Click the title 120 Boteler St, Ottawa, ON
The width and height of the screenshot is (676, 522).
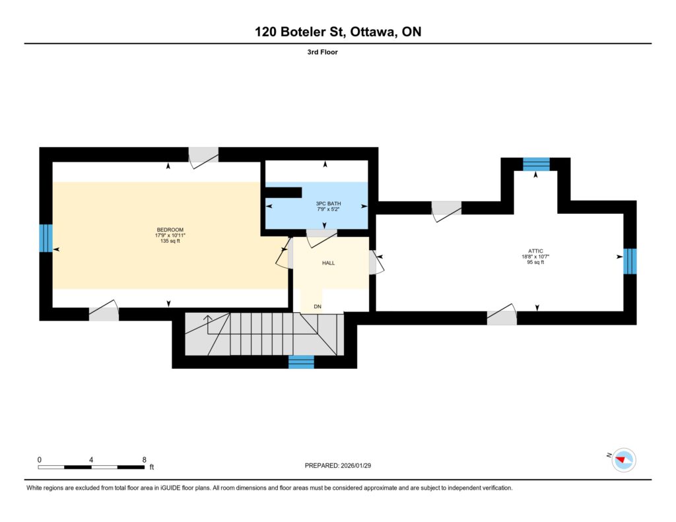pyautogui.click(x=338, y=32)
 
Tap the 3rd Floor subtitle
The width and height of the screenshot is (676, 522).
pyautogui.click(x=322, y=52)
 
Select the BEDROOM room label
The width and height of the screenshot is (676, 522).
pyautogui.click(x=170, y=230)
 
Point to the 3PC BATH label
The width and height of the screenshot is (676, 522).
pyautogui.click(x=329, y=203)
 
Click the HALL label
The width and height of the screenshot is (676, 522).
pyautogui.click(x=329, y=263)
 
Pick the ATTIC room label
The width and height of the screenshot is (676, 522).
pyautogui.click(x=535, y=251)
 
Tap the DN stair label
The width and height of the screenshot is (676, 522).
pyautogui.click(x=318, y=307)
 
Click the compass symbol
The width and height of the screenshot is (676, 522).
pyautogui.click(x=624, y=460)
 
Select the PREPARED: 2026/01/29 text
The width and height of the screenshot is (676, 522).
pyautogui.click(x=338, y=465)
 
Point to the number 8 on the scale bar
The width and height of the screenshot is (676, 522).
pyautogui.click(x=145, y=460)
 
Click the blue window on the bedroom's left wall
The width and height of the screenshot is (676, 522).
pyautogui.click(x=46, y=238)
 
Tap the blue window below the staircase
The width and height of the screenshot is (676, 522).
pyautogui.click(x=301, y=362)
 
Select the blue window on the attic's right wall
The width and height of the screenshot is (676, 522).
pyautogui.click(x=630, y=261)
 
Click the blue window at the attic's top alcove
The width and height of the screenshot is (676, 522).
pyautogui.click(x=536, y=164)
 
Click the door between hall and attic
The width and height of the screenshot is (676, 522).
pyautogui.click(x=376, y=262)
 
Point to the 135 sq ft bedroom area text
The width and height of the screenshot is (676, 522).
pyautogui.click(x=170, y=241)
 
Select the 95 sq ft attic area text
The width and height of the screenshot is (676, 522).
pyautogui.click(x=535, y=262)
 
